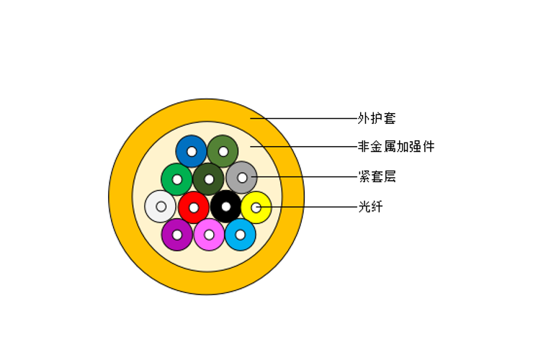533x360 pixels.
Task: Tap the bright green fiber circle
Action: [170, 174]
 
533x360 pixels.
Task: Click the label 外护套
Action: [377, 118]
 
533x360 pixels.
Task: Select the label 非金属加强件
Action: [396, 147]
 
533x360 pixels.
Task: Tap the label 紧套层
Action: [377, 176]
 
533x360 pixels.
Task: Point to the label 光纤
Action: [370, 207]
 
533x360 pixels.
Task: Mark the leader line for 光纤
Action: [310, 207]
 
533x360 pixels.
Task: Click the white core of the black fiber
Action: [226, 207]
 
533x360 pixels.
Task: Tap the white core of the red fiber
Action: [194, 207]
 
